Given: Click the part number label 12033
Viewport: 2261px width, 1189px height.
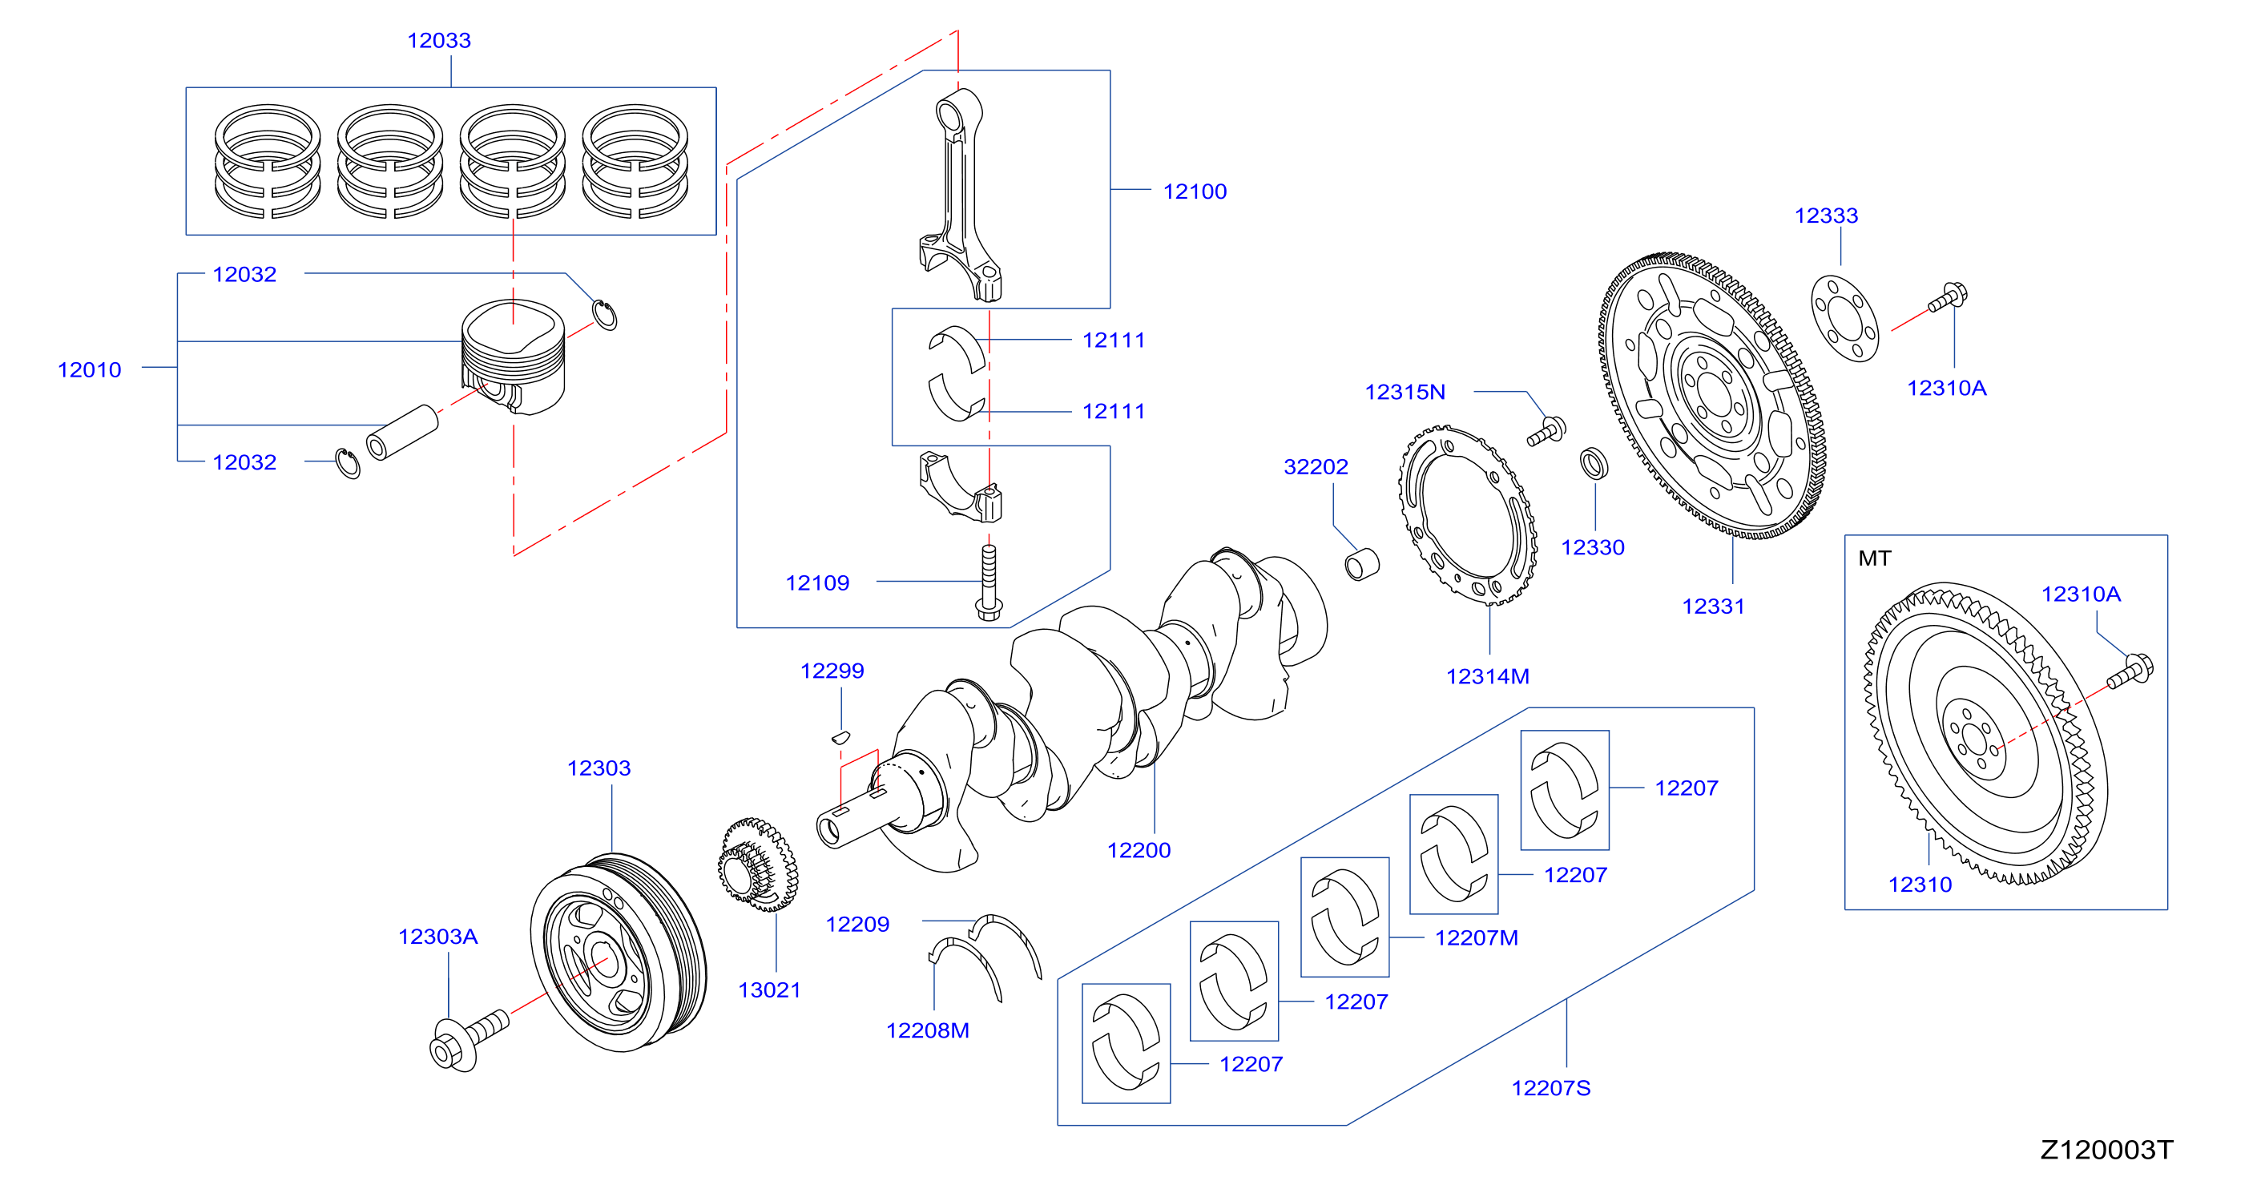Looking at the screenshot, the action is (x=439, y=40).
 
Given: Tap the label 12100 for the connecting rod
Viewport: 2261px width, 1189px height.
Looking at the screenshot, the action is (x=1195, y=191).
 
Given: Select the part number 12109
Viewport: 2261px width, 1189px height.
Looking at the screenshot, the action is (x=817, y=582).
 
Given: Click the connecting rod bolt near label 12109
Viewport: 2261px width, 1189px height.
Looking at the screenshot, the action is (x=989, y=582).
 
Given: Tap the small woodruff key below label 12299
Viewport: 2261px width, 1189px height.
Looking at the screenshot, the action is (x=840, y=737).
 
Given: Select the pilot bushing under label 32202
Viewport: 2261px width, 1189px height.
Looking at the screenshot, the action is (x=1362, y=564).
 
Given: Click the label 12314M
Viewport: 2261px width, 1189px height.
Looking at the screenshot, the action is (x=1488, y=676).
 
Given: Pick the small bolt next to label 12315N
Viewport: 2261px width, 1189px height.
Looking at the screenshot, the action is (x=1546, y=431).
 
